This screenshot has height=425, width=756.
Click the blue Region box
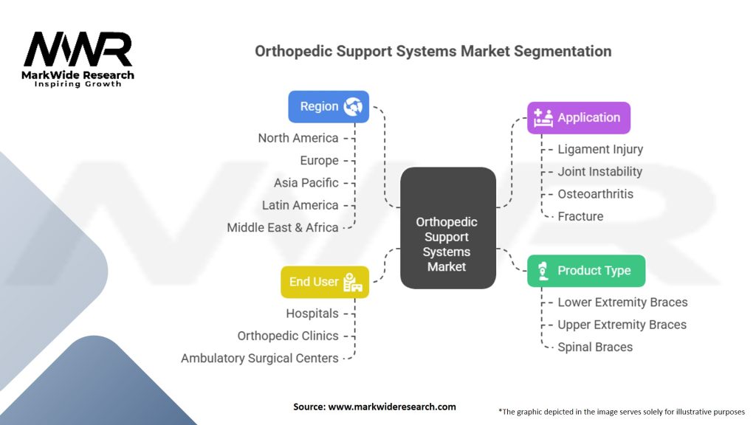pos(328,106)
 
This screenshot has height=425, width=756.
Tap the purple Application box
pos(578,117)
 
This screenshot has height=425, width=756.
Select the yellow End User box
pos(324,281)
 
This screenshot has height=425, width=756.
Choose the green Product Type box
pos(585,270)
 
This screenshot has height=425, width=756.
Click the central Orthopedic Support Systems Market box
pos(447,227)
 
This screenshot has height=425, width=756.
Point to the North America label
pos(298,138)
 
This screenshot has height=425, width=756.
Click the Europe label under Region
pos(319,160)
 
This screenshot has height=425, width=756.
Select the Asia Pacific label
pos(306,182)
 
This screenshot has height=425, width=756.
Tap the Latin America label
pos(300,205)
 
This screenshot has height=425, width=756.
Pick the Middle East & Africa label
pos(282,227)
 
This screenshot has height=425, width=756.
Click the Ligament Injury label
pos(599,149)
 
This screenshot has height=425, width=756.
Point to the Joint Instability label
pos(599,171)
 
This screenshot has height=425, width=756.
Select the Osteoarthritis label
pos(595,194)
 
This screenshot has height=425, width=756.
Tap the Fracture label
pos(580,216)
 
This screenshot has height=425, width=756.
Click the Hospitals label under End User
pos(312,314)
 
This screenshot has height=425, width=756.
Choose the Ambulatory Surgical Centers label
pos(259,358)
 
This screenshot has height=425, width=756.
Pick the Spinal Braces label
pos(595,347)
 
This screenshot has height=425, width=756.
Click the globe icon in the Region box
pos(353,106)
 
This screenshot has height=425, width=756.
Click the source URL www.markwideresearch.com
pos(391,407)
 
